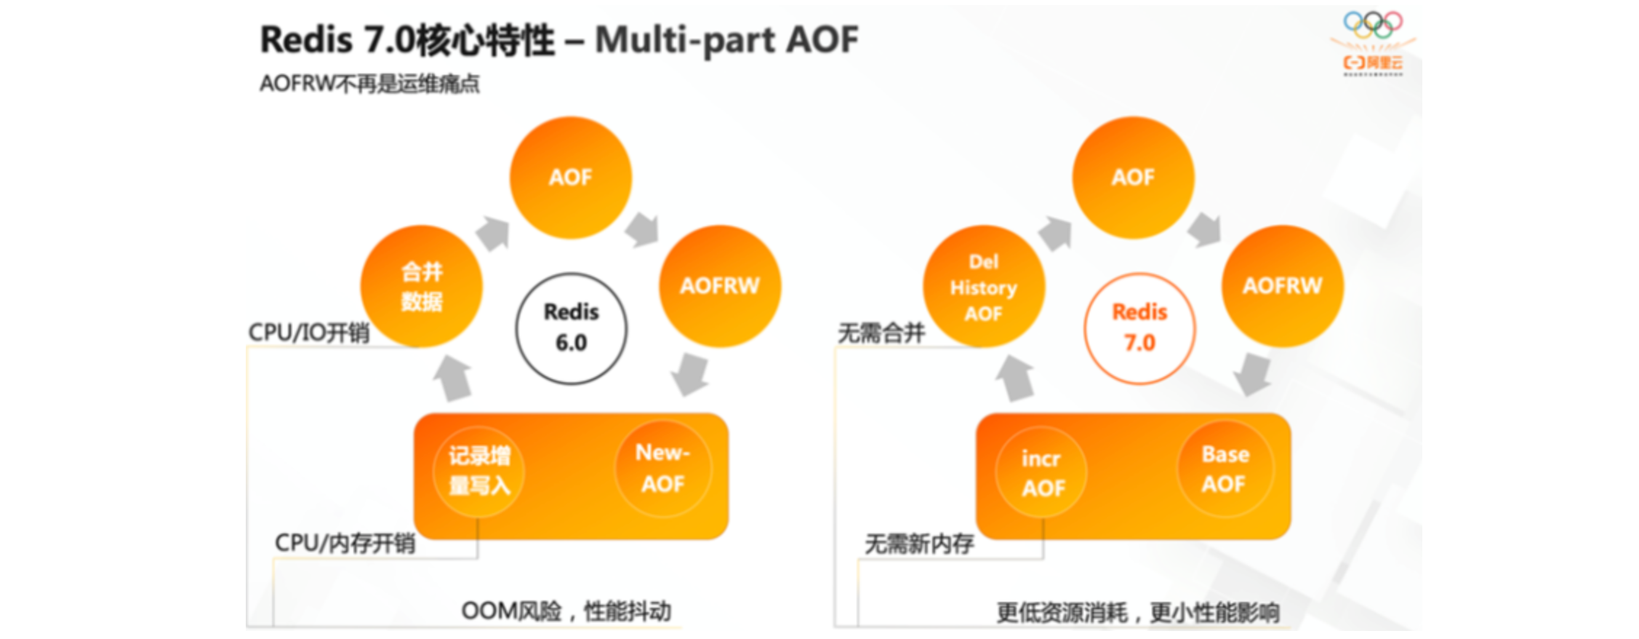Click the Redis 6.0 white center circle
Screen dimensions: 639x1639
[x=572, y=328]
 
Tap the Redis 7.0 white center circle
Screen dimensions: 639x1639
[x=1139, y=328]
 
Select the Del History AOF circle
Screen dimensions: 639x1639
[x=984, y=287]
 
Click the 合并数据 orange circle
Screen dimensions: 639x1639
[x=422, y=286]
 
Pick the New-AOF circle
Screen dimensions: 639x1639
[x=663, y=469]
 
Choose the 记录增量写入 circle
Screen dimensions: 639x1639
[x=479, y=471]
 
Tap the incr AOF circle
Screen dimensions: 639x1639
[x=1042, y=473]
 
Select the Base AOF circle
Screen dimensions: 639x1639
[x=1225, y=469]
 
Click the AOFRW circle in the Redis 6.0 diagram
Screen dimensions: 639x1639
[x=720, y=285]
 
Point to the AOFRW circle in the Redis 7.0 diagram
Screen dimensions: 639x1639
[x=1283, y=285]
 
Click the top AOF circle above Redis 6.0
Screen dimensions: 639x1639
[x=571, y=178]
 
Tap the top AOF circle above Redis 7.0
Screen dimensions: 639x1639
[x=1133, y=178]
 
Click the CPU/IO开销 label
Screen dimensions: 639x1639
[x=309, y=333]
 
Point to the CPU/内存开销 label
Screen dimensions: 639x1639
[x=345, y=543]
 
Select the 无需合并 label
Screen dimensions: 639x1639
[x=881, y=333]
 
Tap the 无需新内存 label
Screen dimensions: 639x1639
[x=919, y=544]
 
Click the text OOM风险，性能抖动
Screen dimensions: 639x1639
[x=566, y=611]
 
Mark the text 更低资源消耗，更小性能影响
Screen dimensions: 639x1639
[x=1137, y=613]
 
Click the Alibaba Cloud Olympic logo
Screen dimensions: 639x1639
[x=1373, y=43]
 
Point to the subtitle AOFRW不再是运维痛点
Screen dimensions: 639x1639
[x=369, y=84]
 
